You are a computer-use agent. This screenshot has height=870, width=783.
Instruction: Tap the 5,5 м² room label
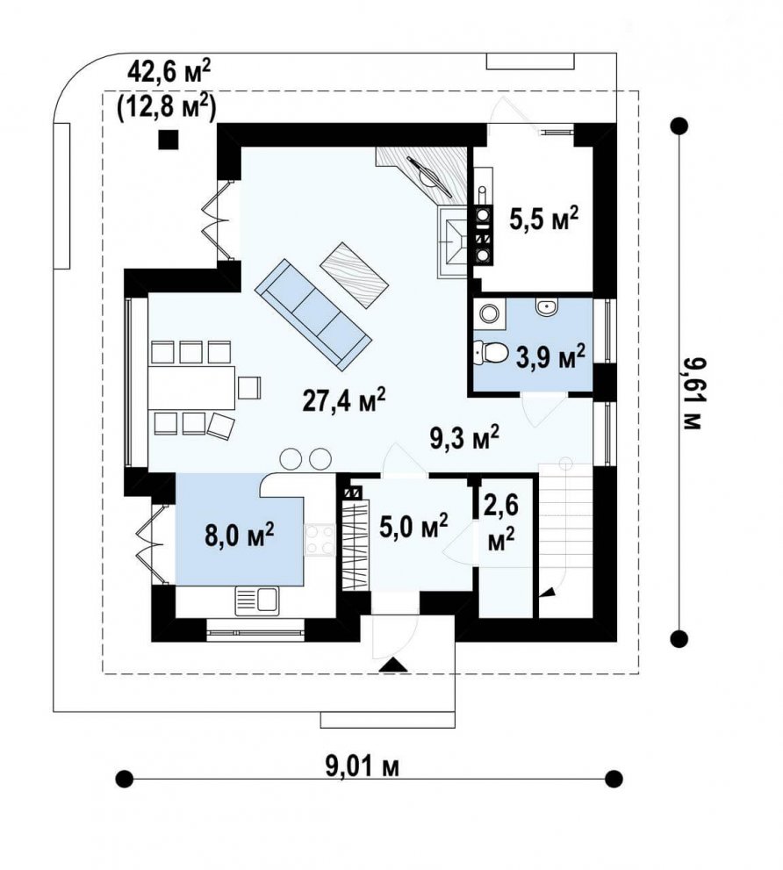click(x=543, y=219)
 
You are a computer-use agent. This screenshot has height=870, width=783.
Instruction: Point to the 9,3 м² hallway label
click(x=464, y=437)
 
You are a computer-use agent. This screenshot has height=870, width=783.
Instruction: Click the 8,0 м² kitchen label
click(x=239, y=536)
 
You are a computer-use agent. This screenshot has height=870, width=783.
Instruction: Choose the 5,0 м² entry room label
click(x=413, y=525)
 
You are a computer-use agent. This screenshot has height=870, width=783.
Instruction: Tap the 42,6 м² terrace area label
click(x=169, y=72)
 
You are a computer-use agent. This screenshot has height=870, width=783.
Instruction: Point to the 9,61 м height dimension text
click(x=692, y=392)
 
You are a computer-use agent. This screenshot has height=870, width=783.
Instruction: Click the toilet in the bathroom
click(x=490, y=353)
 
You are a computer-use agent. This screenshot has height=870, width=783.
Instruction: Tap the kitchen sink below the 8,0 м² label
click(x=257, y=601)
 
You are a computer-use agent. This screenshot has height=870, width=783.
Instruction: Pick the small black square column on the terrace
click(x=169, y=140)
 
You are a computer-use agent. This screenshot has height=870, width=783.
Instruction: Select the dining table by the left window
click(x=191, y=387)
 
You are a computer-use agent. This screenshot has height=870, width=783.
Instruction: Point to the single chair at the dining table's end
click(x=249, y=387)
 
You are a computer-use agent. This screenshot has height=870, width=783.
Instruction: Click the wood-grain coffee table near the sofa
click(x=356, y=275)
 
